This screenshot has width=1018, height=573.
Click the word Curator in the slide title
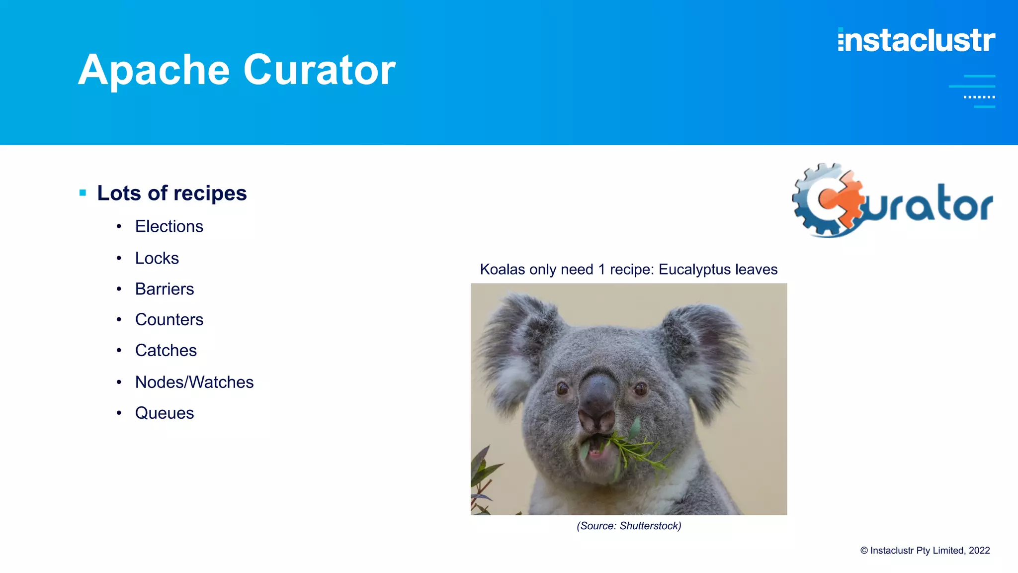319,70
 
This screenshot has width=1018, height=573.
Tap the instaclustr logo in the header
916,40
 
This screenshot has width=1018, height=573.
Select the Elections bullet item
169,226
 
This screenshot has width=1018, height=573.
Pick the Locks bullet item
157,258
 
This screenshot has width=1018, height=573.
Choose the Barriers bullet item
165,289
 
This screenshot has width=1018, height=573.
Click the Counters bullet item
169,319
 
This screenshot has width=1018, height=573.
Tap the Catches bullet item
166,350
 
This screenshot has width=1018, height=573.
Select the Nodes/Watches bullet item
194,382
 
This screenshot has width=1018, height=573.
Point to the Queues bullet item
165,413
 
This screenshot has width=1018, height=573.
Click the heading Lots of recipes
172,193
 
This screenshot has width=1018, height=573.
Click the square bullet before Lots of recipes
83,192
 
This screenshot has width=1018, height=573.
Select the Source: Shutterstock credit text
629,526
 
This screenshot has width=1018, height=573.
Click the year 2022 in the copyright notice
979,550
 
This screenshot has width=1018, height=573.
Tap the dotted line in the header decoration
979,97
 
